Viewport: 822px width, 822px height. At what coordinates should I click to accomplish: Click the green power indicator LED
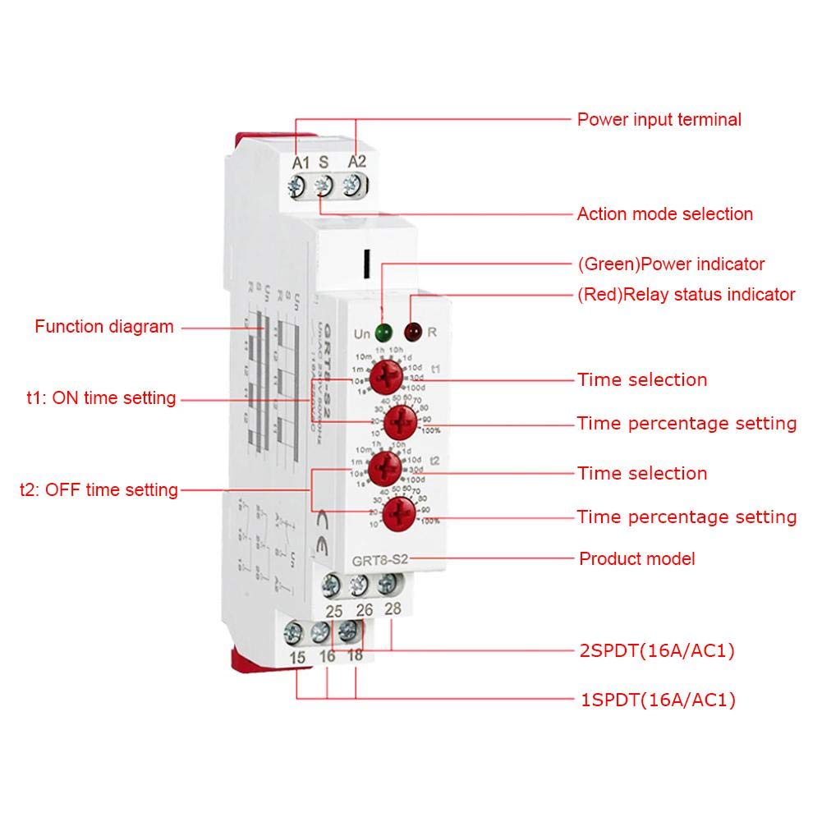pos(382,333)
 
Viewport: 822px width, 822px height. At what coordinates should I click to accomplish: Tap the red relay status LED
pos(411,333)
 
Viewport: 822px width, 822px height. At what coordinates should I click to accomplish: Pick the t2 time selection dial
pos(383,470)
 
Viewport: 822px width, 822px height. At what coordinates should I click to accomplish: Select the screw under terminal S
pos(324,186)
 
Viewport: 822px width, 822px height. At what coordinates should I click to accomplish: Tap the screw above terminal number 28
pos(387,585)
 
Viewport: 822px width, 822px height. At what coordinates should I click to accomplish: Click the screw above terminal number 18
pos(348,631)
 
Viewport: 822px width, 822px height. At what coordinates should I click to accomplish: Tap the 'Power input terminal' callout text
pos(659,120)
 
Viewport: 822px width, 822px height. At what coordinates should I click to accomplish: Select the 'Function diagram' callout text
pos(104,327)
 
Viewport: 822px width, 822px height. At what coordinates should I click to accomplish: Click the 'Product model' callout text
pos(637,559)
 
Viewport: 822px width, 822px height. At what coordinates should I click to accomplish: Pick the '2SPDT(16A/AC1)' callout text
pos(656,652)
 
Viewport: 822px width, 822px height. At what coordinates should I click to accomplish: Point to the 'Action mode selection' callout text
pos(664,214)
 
